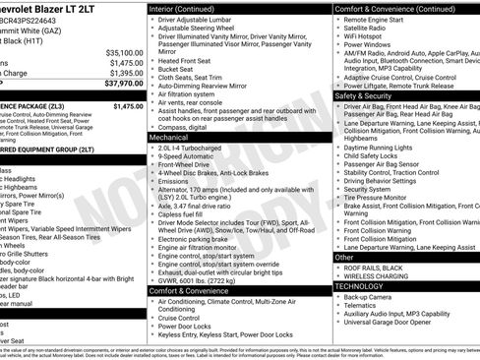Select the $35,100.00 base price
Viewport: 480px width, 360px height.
124,52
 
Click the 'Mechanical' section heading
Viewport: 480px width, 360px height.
174,139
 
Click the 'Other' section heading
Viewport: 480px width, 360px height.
345,257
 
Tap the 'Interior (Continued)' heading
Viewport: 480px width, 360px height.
189,8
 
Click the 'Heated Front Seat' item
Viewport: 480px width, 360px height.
188,61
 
